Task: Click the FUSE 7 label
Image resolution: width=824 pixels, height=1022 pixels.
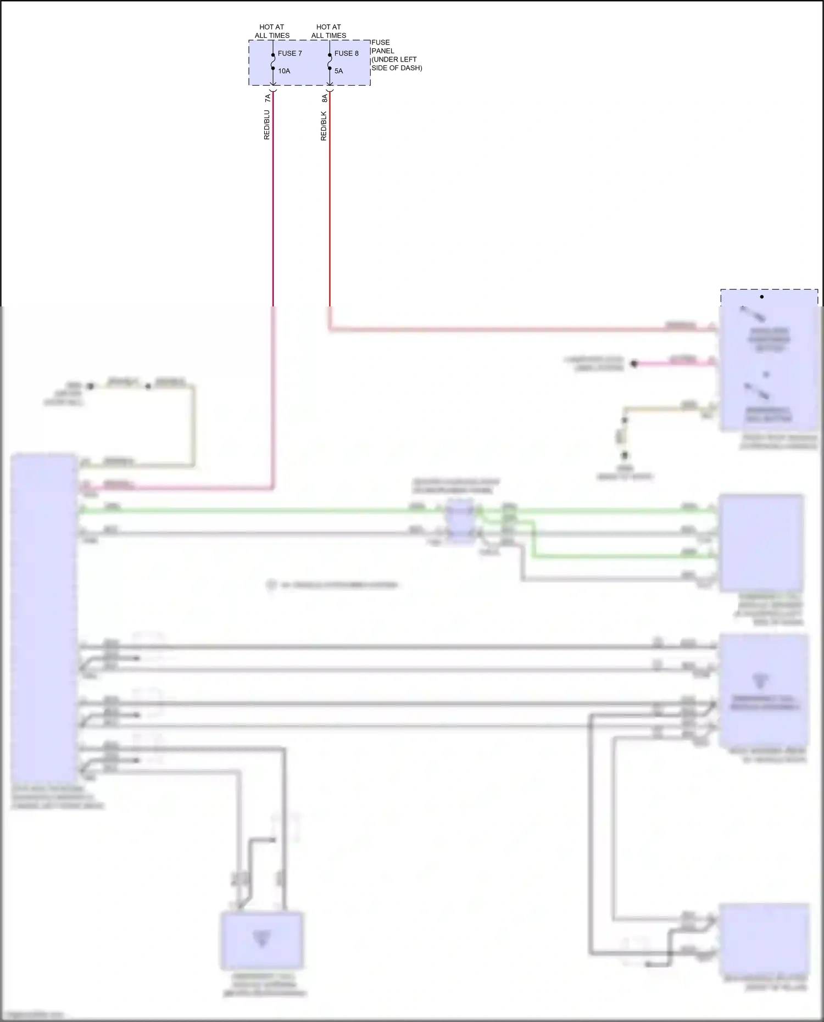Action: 289,53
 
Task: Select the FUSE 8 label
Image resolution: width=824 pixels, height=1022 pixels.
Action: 346,53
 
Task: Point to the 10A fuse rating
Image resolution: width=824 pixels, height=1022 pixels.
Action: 283,71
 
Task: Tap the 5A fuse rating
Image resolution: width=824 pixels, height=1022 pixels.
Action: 338,71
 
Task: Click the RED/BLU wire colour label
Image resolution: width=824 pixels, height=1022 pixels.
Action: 267,125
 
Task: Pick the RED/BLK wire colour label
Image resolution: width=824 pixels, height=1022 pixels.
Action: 324,126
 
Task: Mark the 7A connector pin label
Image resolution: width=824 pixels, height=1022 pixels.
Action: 268,98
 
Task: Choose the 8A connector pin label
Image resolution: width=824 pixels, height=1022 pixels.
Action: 324,98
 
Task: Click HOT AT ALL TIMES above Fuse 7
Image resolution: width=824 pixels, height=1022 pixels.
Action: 272,31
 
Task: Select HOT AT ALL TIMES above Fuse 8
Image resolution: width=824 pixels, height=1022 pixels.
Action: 329,31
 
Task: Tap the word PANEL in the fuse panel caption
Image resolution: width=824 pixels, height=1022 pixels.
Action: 383,51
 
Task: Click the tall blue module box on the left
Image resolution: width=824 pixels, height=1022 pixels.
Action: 44,618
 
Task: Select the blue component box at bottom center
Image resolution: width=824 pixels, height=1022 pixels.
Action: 262,941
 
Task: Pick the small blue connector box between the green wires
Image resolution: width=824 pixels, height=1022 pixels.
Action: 460,521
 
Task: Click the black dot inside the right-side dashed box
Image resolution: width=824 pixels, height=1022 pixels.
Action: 762,297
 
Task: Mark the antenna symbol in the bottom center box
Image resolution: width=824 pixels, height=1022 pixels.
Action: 261,938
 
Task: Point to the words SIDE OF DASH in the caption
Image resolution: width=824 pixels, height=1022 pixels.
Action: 397,68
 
